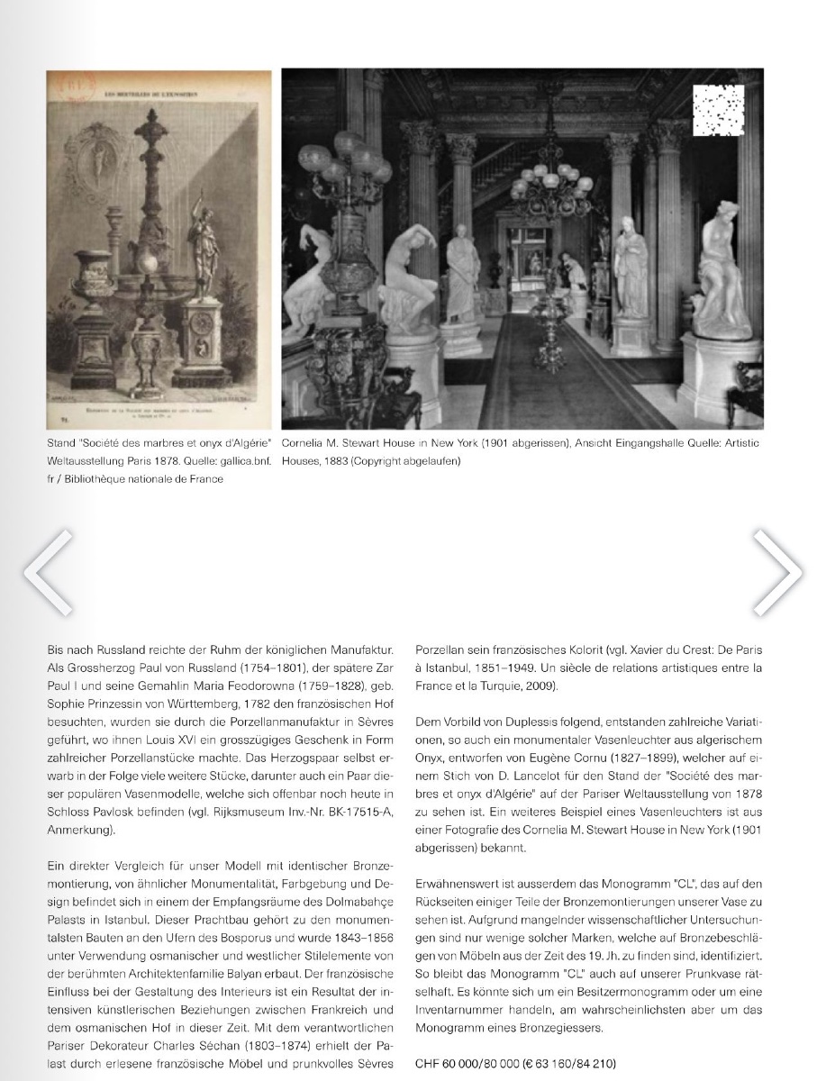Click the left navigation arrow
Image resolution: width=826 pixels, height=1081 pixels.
(47, 572)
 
